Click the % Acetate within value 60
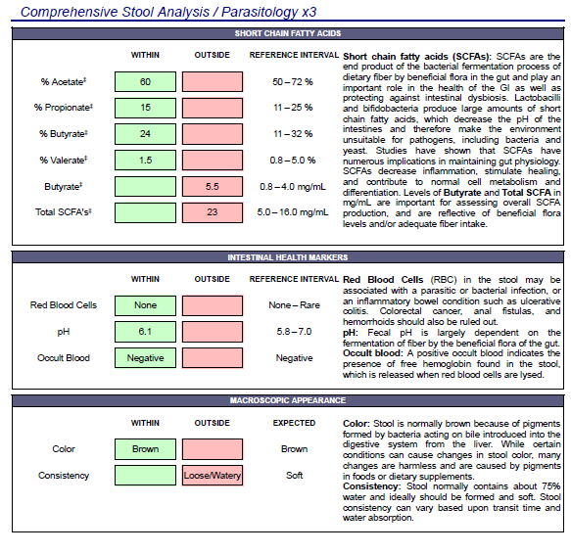[145, 82]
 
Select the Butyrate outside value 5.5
[213, 187]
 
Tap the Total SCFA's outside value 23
[213, 212]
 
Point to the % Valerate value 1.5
[145, 161]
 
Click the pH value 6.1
[145, 332]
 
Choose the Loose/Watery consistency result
[213, 476]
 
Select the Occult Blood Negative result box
[145, 358]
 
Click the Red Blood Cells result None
[145, 305]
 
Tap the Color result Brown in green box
[145, 449]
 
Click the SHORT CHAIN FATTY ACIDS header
[288, 33]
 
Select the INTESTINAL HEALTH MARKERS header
[288, 257]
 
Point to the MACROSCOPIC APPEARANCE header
[288, 400]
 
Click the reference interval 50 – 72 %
[293, 82]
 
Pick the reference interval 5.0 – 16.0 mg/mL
[293, 212]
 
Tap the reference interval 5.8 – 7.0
[294, 332]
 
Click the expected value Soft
[294, 476]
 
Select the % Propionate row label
[64, 108]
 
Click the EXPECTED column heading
[294, 423]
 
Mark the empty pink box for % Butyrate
[213, 134]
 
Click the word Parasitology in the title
[260, 12]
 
